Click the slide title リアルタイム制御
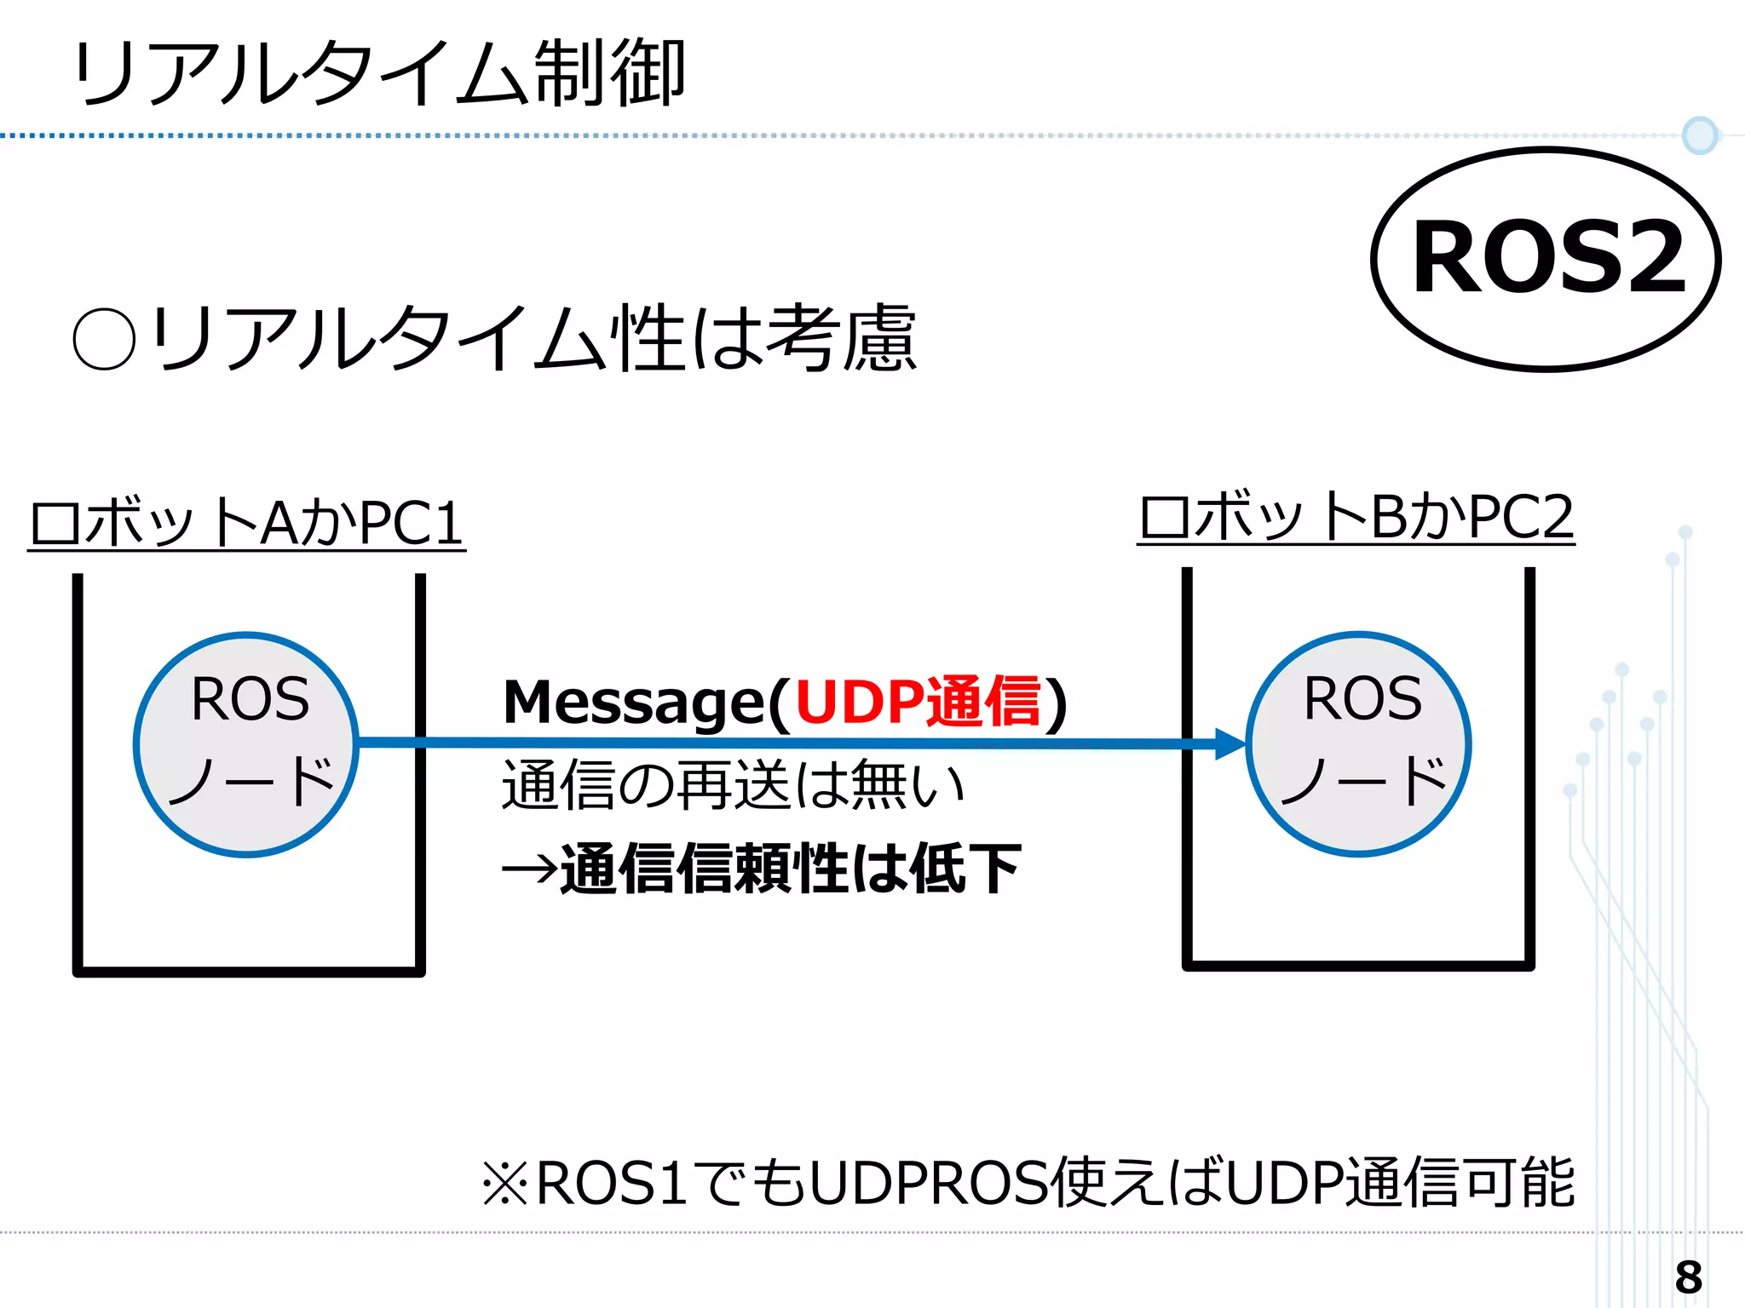(x=379, y=75)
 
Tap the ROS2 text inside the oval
(x=1547, y=257)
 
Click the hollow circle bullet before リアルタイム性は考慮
(x=105, y=339)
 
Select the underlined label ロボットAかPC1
(x=246, y=522)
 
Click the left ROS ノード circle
(x=246, y=744)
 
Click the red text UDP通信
(x=919, y=702)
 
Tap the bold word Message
(x=635, y=703)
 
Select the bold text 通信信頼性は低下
(x=791, y=869)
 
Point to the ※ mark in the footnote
(x=505, y=1184)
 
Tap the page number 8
(x=1688, y=1277)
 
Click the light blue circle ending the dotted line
(x=1700, y=135)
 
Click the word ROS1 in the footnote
(x=612, y=1184)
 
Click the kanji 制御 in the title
(x=610, y=75)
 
